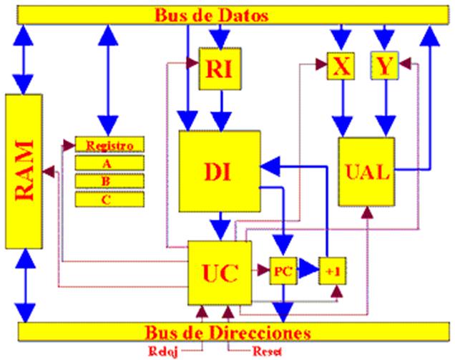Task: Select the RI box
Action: coord(219,69)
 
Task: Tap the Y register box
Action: coord(385,67)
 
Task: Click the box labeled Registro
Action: coord(109,145)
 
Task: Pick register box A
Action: coord(109,162)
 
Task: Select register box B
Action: coord(109,180)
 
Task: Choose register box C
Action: coord(109,198)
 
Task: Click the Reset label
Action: coord(268,351)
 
